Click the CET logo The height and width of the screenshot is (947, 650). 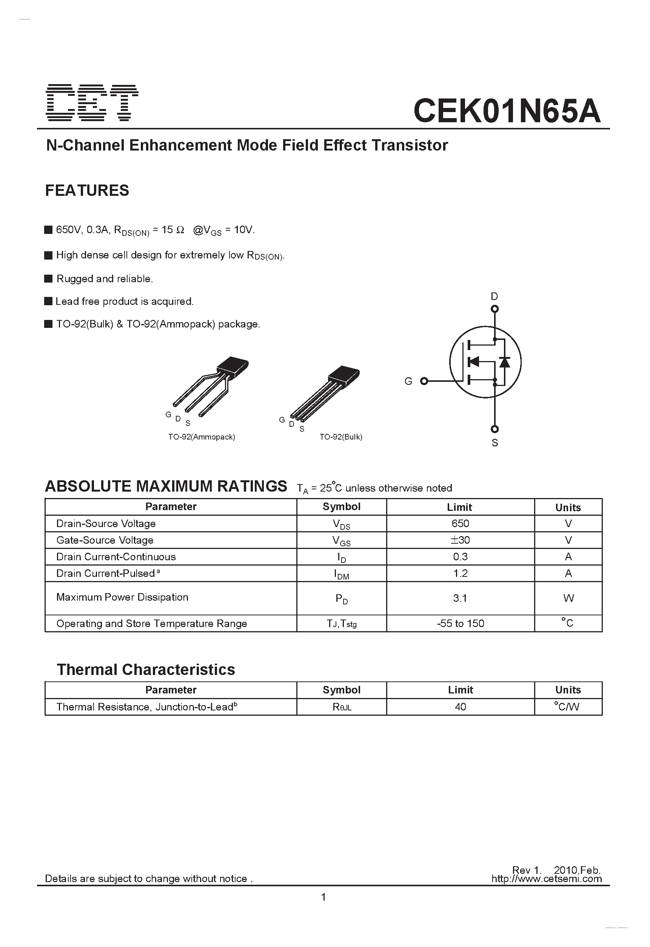click(92, 103)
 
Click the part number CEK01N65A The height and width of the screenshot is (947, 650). click(507, 111)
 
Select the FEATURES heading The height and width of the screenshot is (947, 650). click(87, 190)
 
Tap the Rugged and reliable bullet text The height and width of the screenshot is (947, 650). click(105, 279)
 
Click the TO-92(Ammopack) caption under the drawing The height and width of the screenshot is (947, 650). click(202, 437)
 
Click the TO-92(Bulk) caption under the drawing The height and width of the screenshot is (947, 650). click(341, 437)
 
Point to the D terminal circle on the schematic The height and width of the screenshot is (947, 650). click(494, 309)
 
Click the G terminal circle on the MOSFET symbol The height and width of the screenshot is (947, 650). click(424, 381)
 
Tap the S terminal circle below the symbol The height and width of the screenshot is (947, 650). click(494, 429)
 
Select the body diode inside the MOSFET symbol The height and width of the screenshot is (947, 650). click(505, 361)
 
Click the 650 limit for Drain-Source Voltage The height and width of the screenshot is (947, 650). click(461, 523)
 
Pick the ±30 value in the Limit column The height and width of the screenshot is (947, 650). click(461, 540)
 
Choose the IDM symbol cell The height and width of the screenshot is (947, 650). click(342, 574)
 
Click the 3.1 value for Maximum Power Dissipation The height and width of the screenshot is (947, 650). click(460, 598)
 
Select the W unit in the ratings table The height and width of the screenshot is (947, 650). click(568, 598)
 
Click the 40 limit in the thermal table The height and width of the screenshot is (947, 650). click(461, 707)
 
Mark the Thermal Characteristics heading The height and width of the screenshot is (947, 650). click(146, 669)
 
